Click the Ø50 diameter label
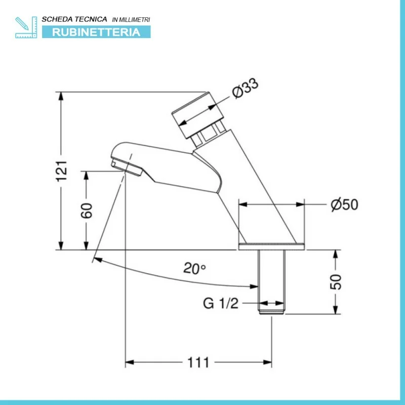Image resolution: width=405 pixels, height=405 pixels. pos(344,205)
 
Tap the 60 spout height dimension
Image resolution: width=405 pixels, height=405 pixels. pos(87,210)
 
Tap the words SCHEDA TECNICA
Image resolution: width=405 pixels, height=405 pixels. pos(74,19)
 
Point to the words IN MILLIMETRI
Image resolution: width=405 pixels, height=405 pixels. pos(131,19)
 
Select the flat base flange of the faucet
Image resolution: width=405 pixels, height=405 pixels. pos(271,247)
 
